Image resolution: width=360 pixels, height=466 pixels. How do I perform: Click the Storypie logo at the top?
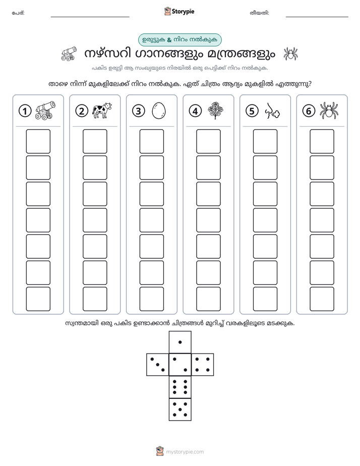point(179,11)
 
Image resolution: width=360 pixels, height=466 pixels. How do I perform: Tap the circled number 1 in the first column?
point(25,111)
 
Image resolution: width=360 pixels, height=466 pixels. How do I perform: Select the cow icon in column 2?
point(102,110)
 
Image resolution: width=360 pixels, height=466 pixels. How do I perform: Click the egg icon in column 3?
point(159,110)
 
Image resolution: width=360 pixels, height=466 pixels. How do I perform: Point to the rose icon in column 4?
point(215,110)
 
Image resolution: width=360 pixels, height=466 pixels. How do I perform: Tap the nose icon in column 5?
point(272,111)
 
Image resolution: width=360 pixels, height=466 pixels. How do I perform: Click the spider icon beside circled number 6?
point(329,110)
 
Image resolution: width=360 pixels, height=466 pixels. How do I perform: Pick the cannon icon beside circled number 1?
point(45,110)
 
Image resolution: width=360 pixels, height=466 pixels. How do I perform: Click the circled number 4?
point(195,111)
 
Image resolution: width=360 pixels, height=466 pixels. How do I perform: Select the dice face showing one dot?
point(180,342)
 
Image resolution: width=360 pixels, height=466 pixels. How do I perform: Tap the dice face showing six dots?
point(180,387)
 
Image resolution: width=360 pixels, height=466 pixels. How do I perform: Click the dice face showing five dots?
point(180,410)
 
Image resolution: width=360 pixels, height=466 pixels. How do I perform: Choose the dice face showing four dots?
point(203,365)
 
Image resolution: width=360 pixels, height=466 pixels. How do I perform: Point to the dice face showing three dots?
point(158,365)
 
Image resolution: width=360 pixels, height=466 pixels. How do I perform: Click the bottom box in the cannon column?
point(38,299)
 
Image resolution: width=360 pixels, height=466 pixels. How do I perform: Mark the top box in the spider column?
point(322,141)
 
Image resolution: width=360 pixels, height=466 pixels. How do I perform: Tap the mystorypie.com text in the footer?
point(185,452)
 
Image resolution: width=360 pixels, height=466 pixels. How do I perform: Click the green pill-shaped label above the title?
point(180,40)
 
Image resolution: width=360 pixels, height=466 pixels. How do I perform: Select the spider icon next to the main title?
point(290,54)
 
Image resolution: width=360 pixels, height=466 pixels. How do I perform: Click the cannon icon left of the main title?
point(69,53)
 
